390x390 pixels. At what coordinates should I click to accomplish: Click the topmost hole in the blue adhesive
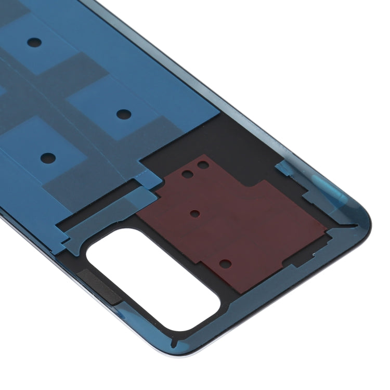[x=34, y=41]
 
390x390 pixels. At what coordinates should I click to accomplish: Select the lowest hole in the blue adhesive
[x=48, y=156]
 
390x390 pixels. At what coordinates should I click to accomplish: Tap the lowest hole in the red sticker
[x=224, y=264]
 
